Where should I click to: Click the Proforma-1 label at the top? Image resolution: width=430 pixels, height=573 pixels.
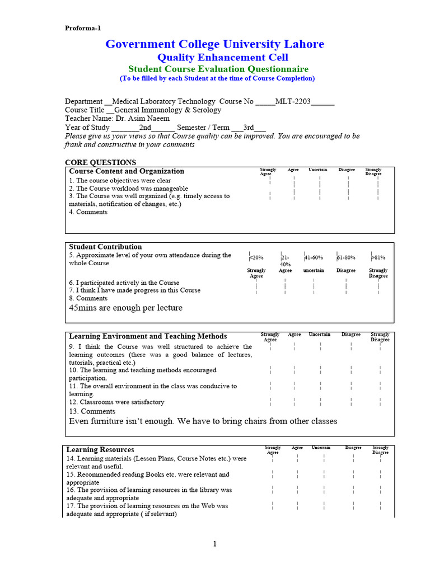click(x=83, y=28)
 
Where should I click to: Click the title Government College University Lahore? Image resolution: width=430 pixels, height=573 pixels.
click(x=215, y=44)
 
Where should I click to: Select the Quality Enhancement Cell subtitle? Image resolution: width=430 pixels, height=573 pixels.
click(x=222, y=58)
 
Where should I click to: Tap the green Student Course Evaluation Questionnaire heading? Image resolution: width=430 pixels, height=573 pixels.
click(x=218, y=69)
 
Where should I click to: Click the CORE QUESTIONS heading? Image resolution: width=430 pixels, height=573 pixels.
click(x=100, y=162)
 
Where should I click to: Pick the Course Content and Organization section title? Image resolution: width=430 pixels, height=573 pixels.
click(x=127, y=171)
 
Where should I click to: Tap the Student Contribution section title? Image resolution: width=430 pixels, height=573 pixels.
click(x=105, y=247)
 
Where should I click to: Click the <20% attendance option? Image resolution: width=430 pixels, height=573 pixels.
click(x=256, y=257)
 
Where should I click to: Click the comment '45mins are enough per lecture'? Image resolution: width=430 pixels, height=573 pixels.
click(x=125, y=308)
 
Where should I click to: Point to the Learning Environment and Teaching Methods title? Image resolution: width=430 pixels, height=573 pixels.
click(x=148, y=336)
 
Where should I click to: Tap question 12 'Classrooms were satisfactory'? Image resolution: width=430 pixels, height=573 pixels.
click(x=117, y=402)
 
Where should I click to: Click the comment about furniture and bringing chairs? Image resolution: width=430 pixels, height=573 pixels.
click(x=203, y=421)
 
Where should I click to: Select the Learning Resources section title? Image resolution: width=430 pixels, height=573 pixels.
click(x=100, y=449)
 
